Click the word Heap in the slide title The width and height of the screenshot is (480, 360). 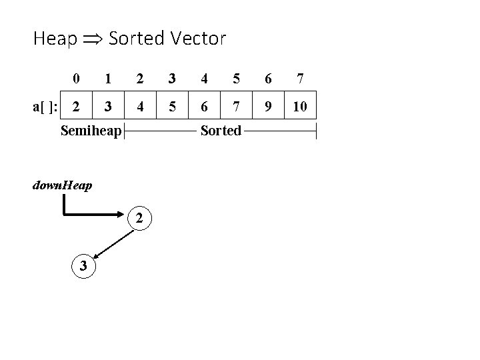point(55,39)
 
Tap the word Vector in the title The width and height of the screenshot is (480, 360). point(197,39)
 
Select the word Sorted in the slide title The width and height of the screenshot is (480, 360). point(135,39)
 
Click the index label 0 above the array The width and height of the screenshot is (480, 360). point(77,79)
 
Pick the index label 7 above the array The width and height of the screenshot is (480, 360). point(301,79)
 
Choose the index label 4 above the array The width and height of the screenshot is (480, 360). point(205,79)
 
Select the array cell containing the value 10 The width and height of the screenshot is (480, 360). point(301,105)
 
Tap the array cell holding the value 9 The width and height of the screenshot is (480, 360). point(269,105)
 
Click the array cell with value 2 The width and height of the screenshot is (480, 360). point(77,105)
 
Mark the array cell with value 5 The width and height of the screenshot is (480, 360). point(173,105)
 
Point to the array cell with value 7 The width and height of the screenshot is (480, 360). point(237,105)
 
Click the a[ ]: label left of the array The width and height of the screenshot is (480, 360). point(46,105)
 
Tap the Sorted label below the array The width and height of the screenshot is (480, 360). point(221,131)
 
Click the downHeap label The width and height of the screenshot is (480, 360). point(62,184)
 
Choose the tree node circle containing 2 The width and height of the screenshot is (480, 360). point(139,217)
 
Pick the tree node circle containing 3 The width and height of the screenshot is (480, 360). point(83,265)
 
